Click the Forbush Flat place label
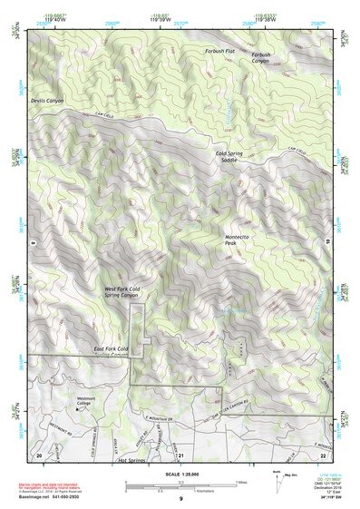(219, 51)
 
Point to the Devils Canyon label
(47, 101)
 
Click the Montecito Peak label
(238, 240)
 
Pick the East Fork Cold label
(111, 349)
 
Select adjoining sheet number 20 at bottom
(39, 454)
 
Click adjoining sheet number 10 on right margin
(327, 243)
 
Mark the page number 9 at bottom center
(180, 499)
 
